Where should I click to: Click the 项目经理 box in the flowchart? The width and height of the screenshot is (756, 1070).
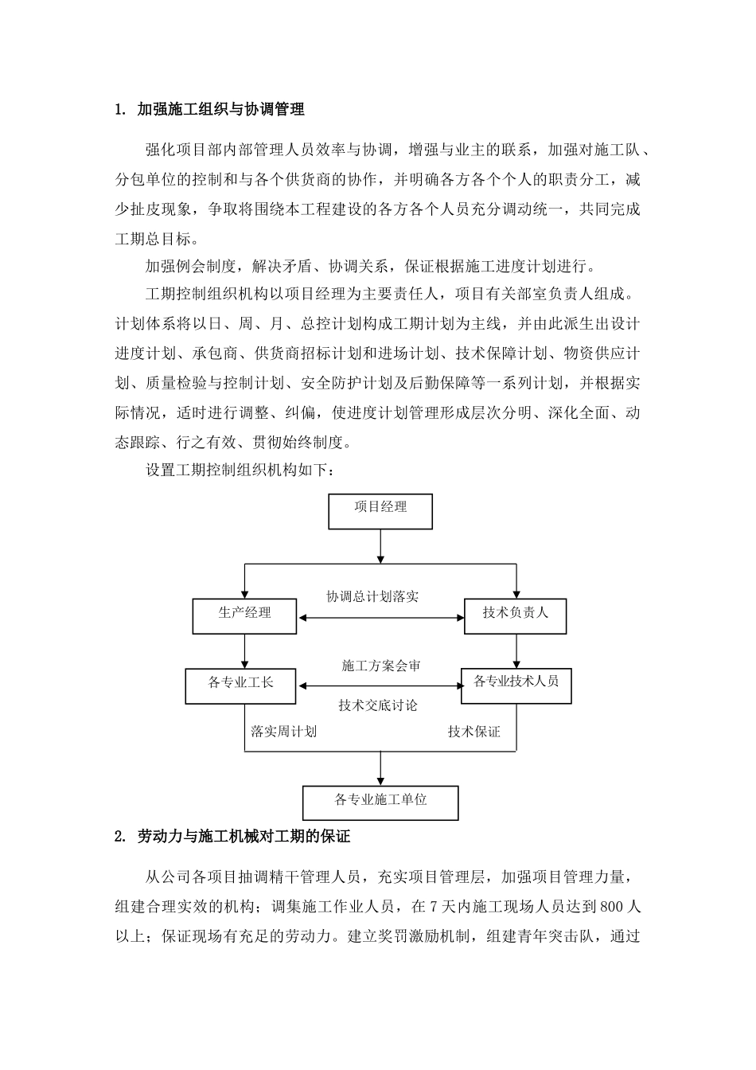[x=380, y=511]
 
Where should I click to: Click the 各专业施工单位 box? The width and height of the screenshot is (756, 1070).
[x=380, y=802]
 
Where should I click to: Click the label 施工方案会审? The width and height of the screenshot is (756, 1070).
[x=380, y=666]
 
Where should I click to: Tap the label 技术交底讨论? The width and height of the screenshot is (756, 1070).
[x=377, y=705]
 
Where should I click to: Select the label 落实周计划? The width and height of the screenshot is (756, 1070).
[x=283, y=731]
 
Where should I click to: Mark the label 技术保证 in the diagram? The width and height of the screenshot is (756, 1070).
[x=473, y=731]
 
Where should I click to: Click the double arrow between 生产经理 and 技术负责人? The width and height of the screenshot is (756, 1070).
[x=380, y=618]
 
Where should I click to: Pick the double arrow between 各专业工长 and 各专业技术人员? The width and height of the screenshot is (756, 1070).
[x=379, y=685]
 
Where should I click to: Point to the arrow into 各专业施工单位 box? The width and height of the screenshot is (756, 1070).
[x=380, y=767]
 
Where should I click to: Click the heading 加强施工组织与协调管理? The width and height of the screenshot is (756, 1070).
[x=220, y=110]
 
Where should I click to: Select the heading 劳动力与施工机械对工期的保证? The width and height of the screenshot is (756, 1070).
[x=244, y=837]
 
